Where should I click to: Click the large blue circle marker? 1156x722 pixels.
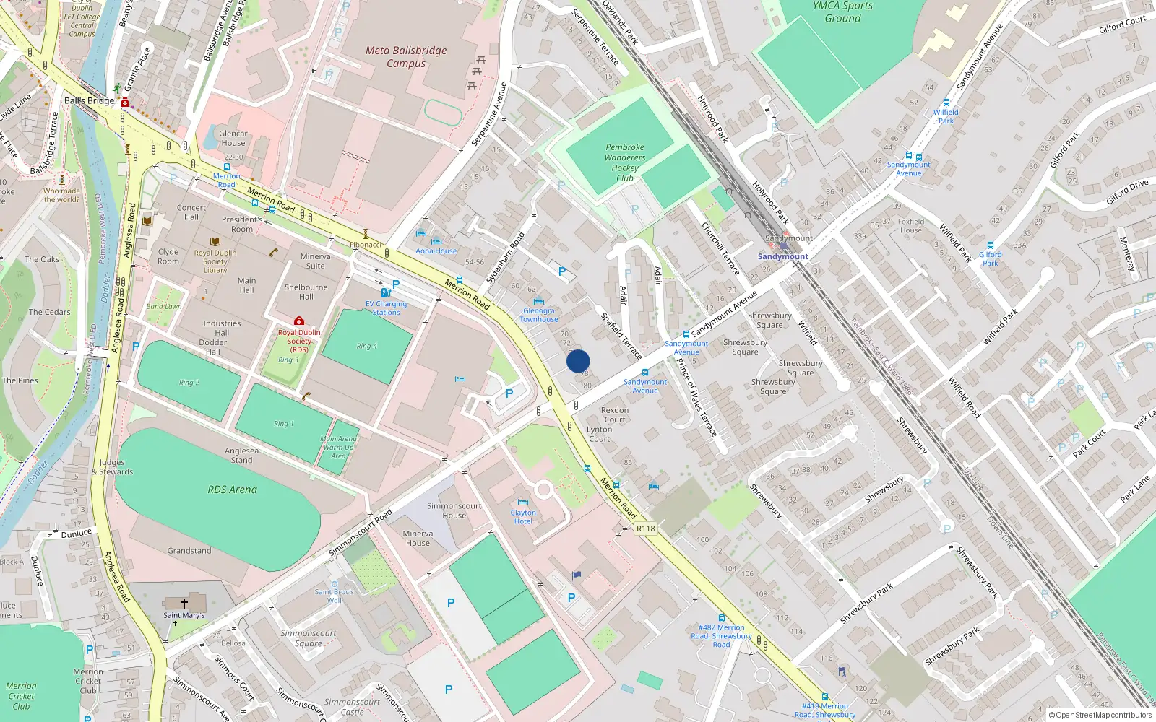[578, 360]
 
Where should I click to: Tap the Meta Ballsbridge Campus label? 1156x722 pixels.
[406, 57]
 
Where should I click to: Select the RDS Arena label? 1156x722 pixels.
[232, 490]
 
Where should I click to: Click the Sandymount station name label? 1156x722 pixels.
[782, 256]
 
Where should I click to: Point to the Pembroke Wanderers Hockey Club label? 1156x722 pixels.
[625, 162]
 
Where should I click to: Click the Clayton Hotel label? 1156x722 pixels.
[523, 517]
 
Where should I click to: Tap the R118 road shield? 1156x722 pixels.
[646, 529]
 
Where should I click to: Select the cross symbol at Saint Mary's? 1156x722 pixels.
[184, 603]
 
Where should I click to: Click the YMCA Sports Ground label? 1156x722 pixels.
[842, 12]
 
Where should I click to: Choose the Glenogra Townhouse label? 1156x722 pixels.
[539, 315]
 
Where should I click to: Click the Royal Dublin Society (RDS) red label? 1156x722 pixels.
[299, 341]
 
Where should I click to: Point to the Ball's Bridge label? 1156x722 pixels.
[89, 100]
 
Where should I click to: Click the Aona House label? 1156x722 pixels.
[436, 251]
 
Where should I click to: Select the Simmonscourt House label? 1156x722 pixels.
[454, 510]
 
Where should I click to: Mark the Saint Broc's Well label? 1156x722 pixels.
[334, 596]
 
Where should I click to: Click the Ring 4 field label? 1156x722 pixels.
[366, 346]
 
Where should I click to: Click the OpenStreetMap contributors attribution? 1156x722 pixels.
[1100, 715]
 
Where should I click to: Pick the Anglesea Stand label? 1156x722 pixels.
[241, 455]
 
